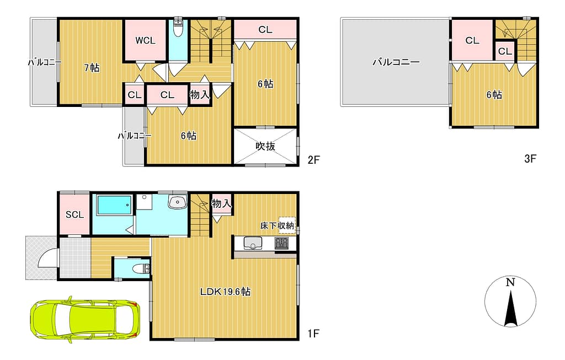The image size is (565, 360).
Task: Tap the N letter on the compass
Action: click(510, 283)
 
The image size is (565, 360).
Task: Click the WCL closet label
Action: click(145, 41)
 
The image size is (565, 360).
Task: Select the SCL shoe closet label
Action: click(74, 214)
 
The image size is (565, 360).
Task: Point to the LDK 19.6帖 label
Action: click(225, 292)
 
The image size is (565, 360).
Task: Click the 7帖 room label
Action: click(92, 67)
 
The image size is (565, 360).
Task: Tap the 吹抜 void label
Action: click(265, 146)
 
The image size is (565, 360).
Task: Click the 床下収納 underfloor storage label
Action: click(278, 225)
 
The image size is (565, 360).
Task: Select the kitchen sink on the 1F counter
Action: click(252, 243)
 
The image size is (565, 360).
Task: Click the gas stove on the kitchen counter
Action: click(281, 243)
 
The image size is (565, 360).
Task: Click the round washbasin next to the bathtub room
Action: click(177, 202)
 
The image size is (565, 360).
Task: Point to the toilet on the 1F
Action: click(141, 268)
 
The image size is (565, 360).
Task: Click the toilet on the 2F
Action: click(178, 28)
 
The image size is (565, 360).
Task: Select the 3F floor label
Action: click(530, 158)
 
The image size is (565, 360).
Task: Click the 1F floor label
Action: click(313, 334)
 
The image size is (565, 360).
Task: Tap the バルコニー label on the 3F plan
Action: click(396, 62)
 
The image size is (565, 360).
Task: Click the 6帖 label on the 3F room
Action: click(494, 95)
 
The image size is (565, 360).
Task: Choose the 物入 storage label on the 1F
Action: click(221, 204)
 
